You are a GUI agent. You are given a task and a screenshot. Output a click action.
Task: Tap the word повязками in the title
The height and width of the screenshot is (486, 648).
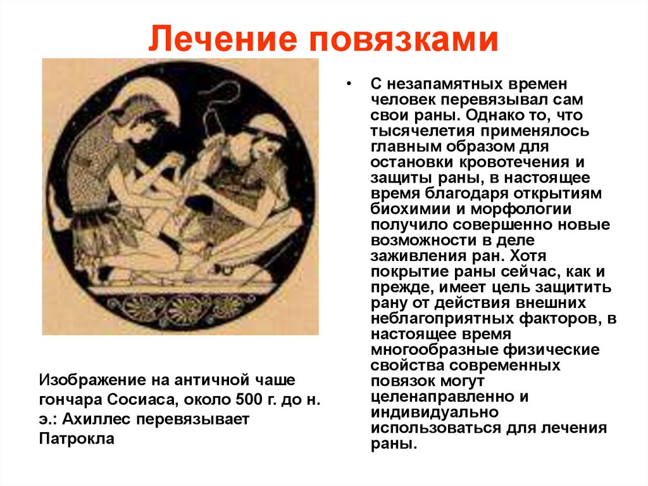coord(404,39)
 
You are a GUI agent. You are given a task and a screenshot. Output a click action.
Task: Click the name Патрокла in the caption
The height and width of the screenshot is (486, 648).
coord(77,439)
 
